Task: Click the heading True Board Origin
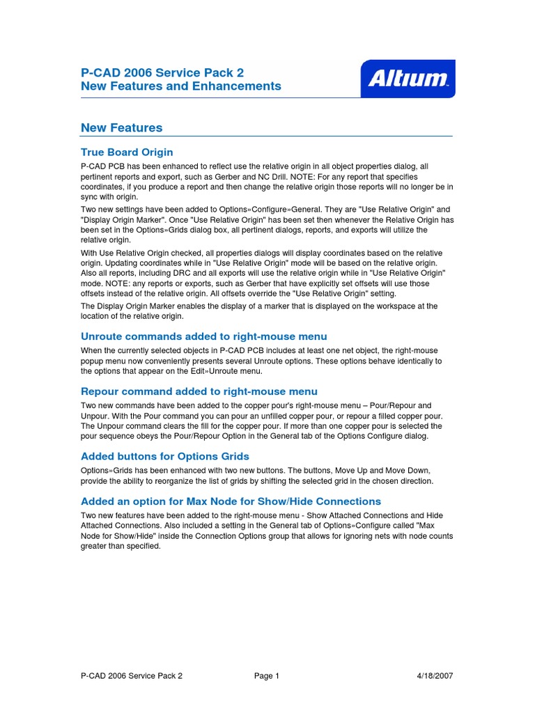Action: (127, 152)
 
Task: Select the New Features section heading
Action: (121, 127)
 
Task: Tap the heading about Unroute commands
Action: (203, 336)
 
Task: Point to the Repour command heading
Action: (199, 391)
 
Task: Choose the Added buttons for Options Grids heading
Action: (164, 456)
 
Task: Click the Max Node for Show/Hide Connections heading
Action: (231, 501)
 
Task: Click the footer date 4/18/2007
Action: (435, 675)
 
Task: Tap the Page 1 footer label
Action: (267, 675)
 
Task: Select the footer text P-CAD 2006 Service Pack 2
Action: (132, 675)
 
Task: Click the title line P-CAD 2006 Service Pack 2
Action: (162, 72)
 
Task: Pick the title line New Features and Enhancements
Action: (181, 86)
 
